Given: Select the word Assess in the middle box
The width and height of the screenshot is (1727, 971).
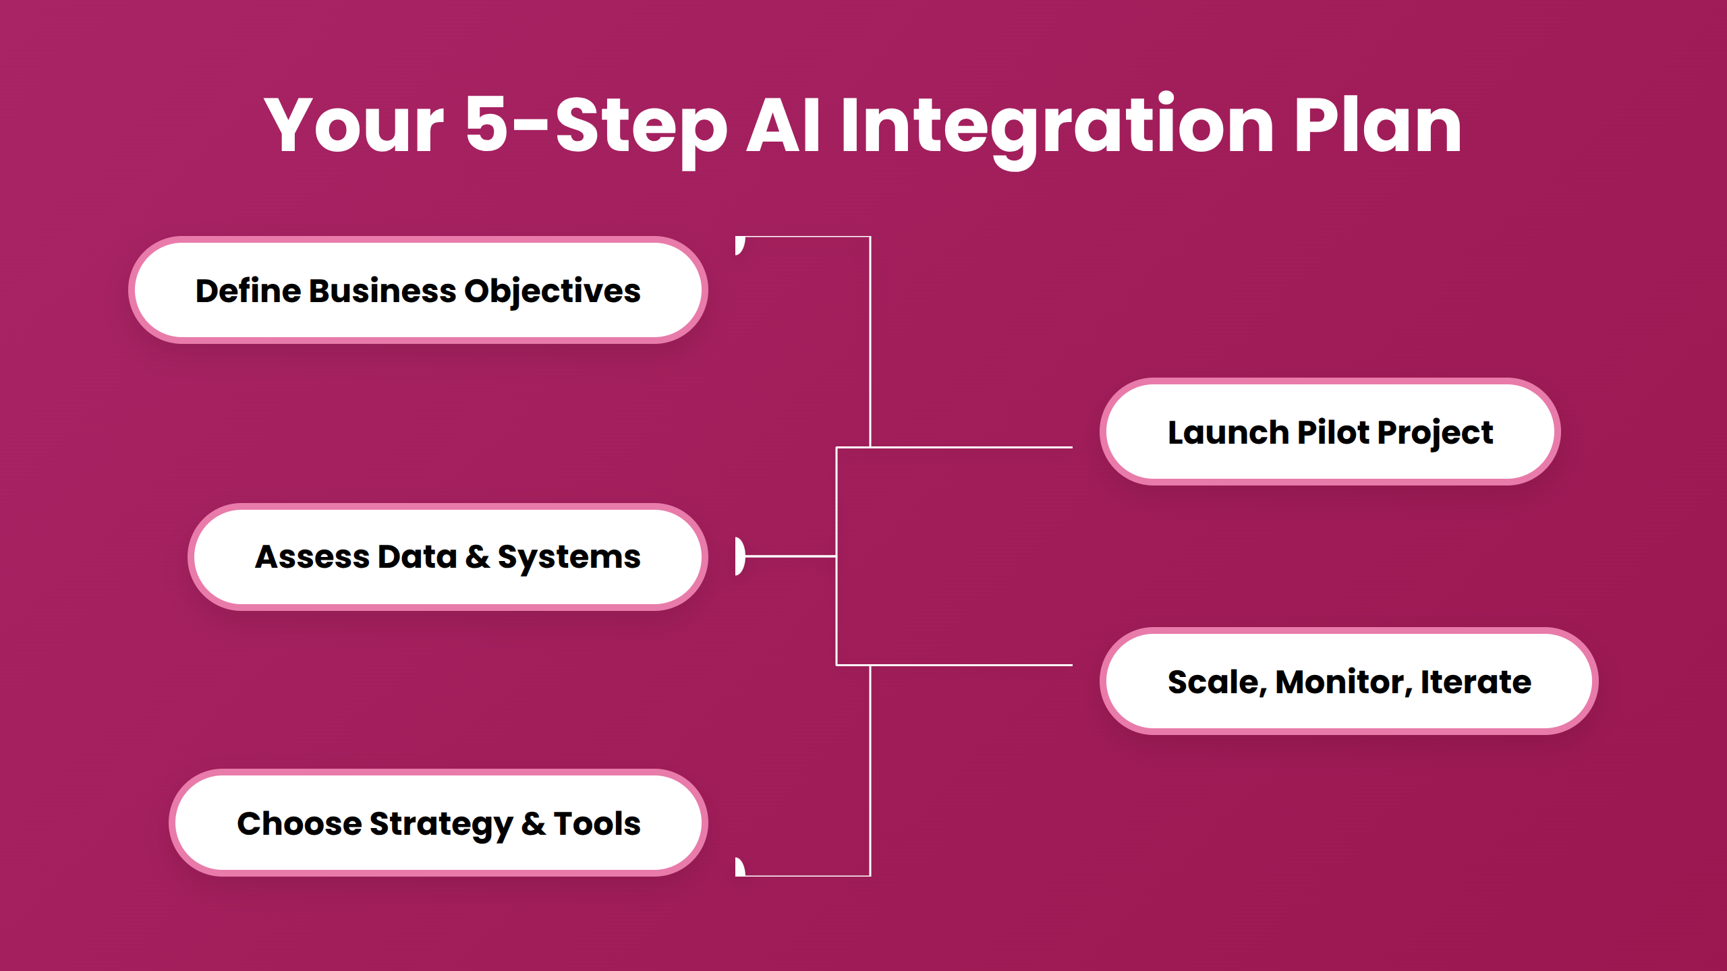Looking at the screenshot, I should coord(312,557).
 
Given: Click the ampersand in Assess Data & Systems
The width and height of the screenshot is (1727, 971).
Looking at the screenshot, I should coord(477,557).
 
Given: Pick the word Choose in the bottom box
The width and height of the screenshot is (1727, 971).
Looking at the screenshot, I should coord(299,823).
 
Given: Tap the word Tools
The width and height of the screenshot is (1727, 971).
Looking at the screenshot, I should coord(597,823).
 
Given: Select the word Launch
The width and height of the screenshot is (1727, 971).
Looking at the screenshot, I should coord(1228,432).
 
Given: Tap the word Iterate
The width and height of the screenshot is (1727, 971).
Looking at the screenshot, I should coord(1475,682).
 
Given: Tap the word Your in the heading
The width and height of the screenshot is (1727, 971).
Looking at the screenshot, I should coord(353,125).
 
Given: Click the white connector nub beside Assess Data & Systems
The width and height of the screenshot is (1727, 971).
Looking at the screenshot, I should coord(740,556).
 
